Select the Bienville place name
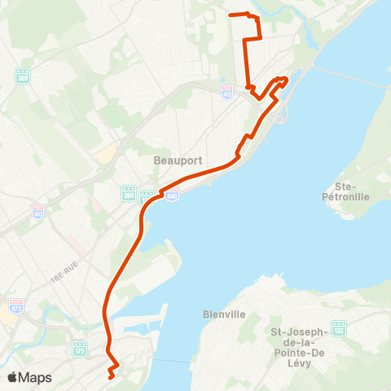pos(218,314)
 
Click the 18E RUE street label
pos(61,279)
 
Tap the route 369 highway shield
pos(22,75)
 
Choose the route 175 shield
pos(80,349)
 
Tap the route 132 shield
pos(338,328)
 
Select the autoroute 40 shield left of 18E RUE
pos(38,210)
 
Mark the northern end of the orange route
pos(231,15)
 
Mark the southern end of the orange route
pos(110,376)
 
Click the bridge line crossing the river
pos(350,77)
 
